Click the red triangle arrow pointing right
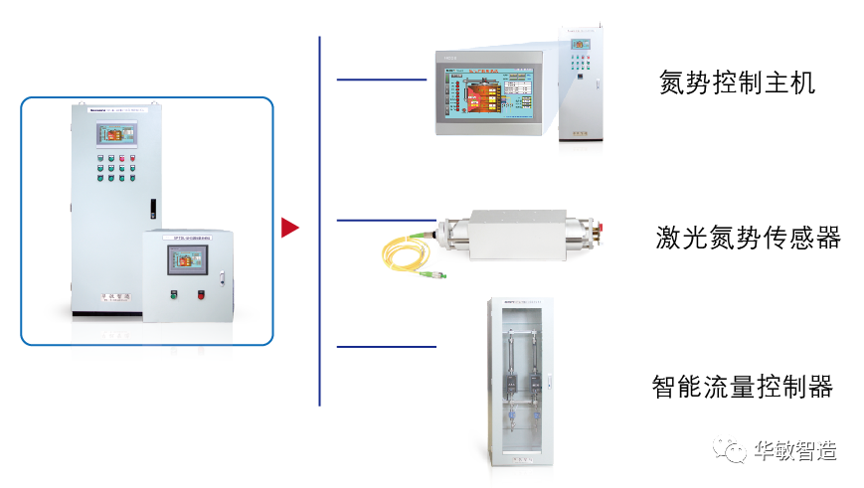(x=289, y=228)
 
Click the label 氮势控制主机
(x=737, y=82)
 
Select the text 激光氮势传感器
(x=748, y=238)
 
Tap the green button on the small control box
(x=173, y=294)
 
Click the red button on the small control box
(x=201, y=294)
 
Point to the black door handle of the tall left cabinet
(x=152, y=209)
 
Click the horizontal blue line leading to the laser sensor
(x=386, y=219)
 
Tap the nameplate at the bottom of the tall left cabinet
(x=116, y=296)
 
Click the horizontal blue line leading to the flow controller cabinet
(x=386, y=347)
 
